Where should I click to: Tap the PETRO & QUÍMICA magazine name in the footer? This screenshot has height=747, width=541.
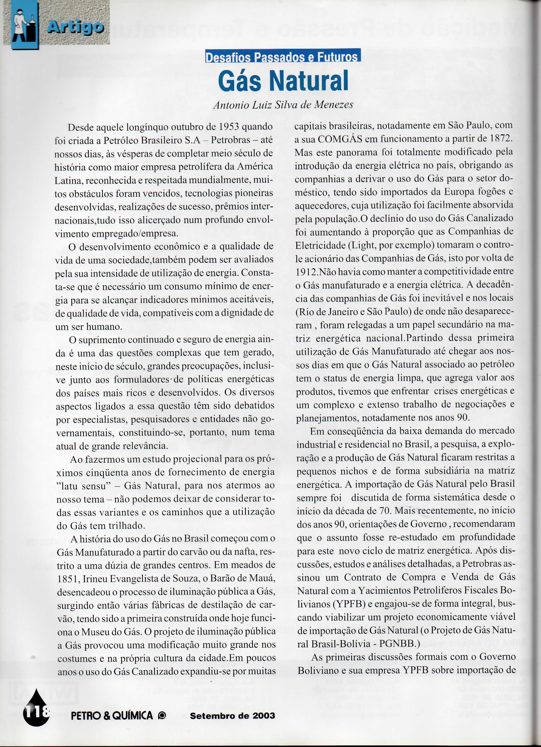[x=112, y=715]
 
